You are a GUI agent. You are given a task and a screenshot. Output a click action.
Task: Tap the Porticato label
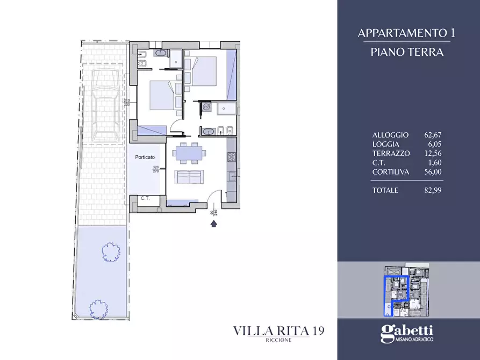point(144,157)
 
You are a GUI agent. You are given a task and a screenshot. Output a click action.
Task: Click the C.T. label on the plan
point(145,198)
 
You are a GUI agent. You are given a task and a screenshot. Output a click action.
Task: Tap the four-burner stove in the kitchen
point(232,157)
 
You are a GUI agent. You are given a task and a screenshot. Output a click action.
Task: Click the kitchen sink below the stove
point(232,175)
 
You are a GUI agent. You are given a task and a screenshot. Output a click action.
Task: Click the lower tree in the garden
point(98,308)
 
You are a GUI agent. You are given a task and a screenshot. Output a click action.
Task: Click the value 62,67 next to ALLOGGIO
point(433,135)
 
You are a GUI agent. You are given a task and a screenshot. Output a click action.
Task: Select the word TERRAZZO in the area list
point(391,153)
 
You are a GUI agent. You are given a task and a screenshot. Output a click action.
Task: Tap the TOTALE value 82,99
point(433,190)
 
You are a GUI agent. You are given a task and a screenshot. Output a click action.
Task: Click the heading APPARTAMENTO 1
point(407,33)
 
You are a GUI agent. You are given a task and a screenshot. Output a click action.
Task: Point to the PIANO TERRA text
point(407,52)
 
